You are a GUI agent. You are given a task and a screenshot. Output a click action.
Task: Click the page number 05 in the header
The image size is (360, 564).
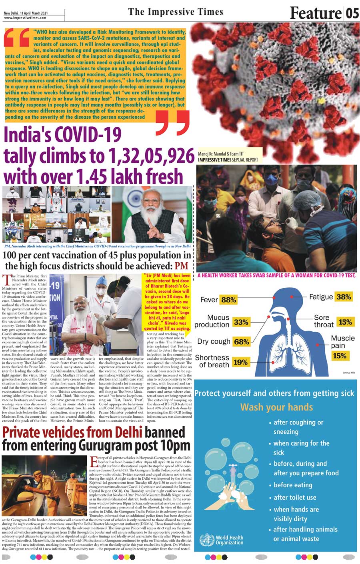pyautogui.click(x=352, y=13)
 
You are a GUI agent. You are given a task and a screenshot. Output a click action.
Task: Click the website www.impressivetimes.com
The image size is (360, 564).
pyautogui.click(x=25, y=18)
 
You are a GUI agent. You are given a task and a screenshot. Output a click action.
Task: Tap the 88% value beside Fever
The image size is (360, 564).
pyautogui.click(x=229, y=300)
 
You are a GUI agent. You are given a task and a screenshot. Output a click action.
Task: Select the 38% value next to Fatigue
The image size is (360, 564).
pyautogui.click(x=344, y=297)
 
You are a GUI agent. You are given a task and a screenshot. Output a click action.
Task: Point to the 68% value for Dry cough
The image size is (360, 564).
pyautogui.click(x=242, y=342)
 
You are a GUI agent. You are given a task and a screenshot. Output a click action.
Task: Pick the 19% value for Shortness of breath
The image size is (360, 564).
pyautogui.click(x=240, y=362)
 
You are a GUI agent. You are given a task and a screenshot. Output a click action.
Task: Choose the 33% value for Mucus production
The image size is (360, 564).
pyautogui.click(x=241, y=322)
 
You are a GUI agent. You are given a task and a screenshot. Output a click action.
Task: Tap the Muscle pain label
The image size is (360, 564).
pyautogui.click(x=342, y=342)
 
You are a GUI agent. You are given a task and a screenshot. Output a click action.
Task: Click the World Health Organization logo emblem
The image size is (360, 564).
pyautogui.click(x=206, y=540)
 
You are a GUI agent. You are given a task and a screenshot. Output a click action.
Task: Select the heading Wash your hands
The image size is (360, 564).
pyautogui.click(x=276, y=407)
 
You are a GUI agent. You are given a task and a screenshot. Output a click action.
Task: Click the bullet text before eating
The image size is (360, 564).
pyautogui.click(x=293, y=485)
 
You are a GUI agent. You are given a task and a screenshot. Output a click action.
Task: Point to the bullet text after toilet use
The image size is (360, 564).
pyautogui.click(x=295, y=498)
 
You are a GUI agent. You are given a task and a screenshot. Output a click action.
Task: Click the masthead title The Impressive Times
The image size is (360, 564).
pyautogui.click(x=176, y=12)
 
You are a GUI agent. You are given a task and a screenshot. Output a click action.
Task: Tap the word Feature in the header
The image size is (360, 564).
pyautogui.click(x=315, y=13)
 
